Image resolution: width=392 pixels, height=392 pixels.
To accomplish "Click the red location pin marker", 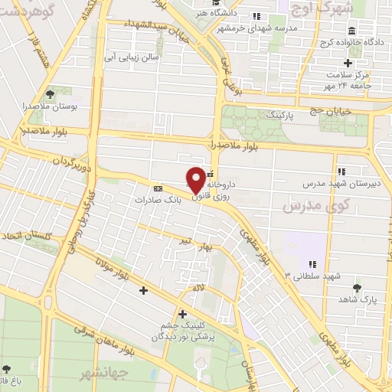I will click(196, 179).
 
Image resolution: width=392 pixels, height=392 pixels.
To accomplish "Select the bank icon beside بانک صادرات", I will click(158, 188).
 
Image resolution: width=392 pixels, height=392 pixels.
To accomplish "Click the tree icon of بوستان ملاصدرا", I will click(50, 93).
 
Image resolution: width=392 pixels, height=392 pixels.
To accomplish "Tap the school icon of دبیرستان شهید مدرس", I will click(341, 171).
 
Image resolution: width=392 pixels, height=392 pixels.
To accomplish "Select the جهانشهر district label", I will click(102, 374).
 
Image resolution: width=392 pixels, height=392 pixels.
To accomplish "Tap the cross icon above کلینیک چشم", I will click(182, 314).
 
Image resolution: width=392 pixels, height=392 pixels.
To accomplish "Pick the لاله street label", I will click(198, 287).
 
